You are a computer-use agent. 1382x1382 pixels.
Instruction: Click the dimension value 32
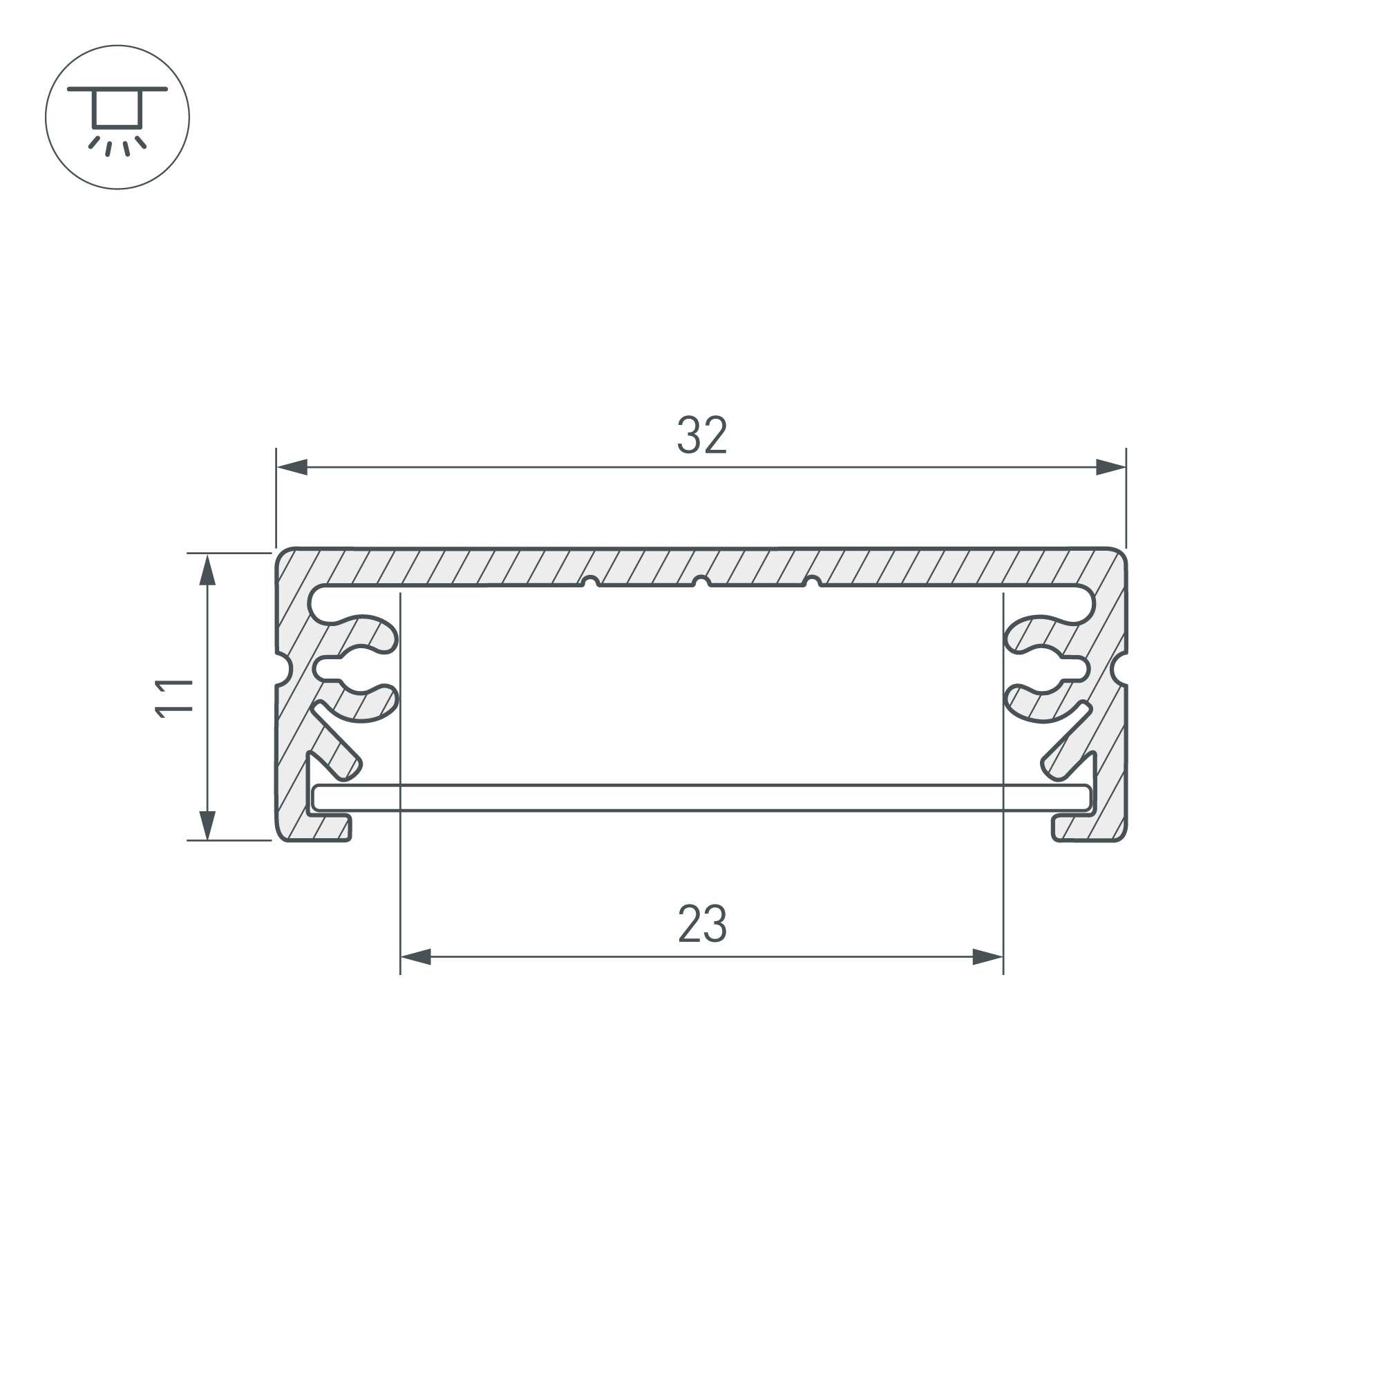pos(702,435)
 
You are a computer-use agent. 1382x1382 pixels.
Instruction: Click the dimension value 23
pos(702,923)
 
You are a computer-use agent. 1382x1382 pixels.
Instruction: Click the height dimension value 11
pos(175,697)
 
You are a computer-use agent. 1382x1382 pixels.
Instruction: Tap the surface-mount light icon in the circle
pos(117,117)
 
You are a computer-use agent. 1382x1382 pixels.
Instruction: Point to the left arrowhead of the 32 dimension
pos(292,467)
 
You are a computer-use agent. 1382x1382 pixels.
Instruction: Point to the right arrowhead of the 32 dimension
pos(1111,467)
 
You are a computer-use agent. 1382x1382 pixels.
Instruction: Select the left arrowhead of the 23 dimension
pos(415,957)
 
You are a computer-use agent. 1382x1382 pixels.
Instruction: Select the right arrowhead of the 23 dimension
pos(988,957)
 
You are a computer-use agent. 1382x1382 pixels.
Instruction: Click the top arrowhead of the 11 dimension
pos(207,569)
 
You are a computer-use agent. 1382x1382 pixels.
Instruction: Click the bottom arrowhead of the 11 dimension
pos(207,824)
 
